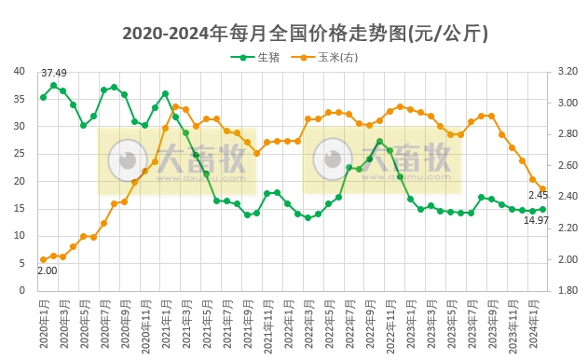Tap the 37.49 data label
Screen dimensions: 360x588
(x=53, y=73)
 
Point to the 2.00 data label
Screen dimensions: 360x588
(x=47, y=270)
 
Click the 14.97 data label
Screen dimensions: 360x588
(x=535, y=220)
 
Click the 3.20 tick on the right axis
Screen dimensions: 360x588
(x=567, y=71)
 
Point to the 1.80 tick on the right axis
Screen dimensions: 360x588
(x=567, y=290)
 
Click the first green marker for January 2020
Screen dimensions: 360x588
(x=43, y=97)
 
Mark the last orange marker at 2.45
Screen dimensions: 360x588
(x=542, y=189)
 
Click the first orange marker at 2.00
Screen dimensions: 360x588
(x=43, y=259)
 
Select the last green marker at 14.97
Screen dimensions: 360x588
(x=542, y=209)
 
